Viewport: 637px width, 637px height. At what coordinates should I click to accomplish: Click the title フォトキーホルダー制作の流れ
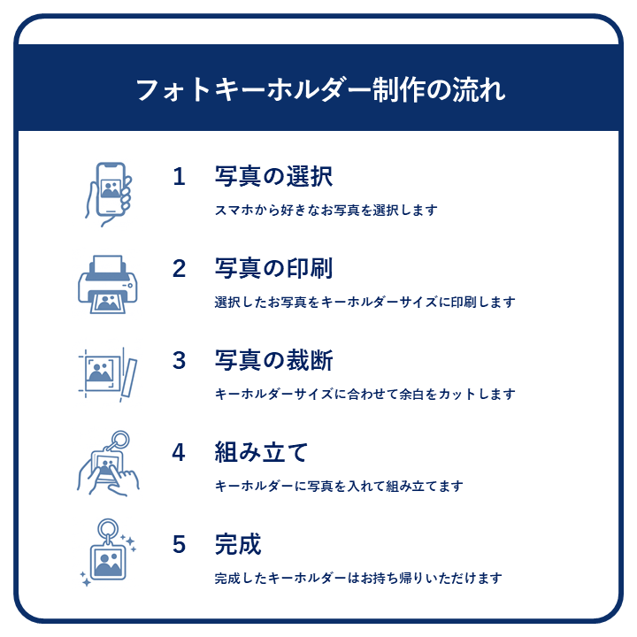320,89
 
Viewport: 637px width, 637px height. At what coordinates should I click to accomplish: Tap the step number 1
179,177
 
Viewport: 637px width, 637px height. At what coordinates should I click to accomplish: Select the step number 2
179,269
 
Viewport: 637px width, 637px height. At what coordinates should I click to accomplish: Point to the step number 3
179,360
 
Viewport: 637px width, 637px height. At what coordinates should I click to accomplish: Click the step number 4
179,452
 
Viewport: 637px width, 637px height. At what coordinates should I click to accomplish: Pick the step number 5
179,544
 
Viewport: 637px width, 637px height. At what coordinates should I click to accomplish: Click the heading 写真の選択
273,177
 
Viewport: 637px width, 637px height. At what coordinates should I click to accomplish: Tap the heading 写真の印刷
273,269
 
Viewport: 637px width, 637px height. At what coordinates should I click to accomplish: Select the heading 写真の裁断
273,360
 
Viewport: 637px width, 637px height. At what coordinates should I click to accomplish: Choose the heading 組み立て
261,452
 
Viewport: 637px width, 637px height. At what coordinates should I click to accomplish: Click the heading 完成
238,544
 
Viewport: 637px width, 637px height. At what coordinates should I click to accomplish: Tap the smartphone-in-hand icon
109,194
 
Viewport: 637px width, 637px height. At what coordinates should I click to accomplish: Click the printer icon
108,284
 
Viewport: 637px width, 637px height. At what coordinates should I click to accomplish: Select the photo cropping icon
108,374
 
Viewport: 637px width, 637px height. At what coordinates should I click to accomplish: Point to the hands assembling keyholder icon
108,463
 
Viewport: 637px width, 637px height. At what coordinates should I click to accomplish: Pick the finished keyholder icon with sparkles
108,552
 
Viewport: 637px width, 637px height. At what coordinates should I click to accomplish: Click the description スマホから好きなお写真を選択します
326,210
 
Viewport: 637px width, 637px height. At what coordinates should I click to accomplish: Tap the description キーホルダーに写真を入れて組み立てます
339,486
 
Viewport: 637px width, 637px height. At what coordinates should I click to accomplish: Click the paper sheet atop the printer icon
108,265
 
